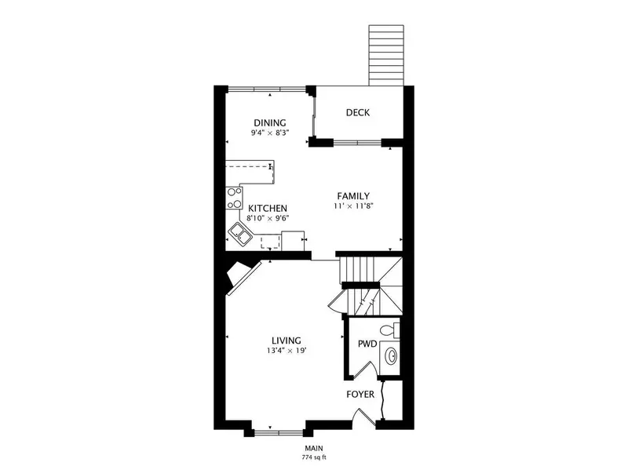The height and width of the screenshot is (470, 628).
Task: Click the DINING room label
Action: point(270,122)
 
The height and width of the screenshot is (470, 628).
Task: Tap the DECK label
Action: point(358,112)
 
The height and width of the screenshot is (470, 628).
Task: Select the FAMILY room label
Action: point(353,196)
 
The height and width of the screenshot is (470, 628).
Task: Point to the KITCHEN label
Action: point(268,208)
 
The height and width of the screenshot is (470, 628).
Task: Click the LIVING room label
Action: point(287,341)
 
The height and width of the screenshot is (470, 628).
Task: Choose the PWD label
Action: point(367,344)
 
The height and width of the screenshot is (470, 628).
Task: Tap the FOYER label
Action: point(360,395)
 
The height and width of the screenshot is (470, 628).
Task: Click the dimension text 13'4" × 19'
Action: point(287,351)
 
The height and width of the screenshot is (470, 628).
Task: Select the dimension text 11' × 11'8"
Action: point(353,206)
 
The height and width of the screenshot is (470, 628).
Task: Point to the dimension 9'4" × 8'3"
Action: point(270,133)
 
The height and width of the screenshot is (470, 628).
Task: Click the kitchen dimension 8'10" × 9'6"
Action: point(268,218)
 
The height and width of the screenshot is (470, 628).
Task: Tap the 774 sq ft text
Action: point(314,457)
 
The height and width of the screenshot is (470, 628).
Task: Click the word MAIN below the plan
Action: point(314,448)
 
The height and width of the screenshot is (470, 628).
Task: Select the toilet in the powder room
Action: point(389,330)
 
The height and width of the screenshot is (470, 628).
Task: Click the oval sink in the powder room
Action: point(390,355)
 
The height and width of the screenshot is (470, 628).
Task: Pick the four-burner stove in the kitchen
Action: point(234,199)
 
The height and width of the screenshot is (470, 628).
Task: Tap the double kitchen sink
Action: point(240,234)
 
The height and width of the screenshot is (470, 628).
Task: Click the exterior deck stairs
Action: point(386,55)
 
